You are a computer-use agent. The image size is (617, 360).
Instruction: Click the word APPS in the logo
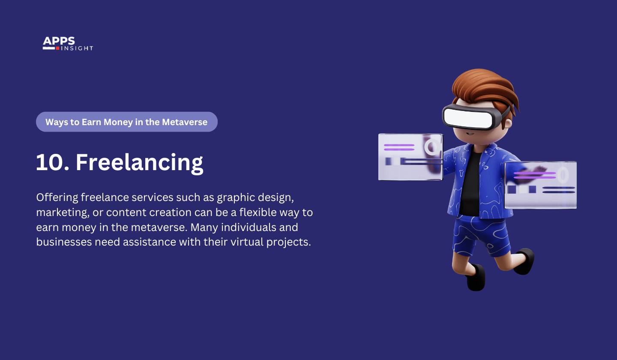[x=59, y=41]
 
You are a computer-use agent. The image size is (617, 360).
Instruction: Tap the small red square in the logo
[x=57, y=48]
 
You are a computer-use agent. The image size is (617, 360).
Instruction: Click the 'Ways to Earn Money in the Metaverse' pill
[x=126, y=122]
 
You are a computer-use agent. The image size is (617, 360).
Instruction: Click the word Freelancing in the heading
[x=139, y=162]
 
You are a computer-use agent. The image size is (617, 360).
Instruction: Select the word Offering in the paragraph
[x=57, y=198]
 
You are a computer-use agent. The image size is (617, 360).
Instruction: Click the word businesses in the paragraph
[x=64, y=242]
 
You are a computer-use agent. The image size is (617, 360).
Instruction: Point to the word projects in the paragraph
[x=288, y=242]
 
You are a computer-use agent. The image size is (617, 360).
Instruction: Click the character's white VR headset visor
[x=468, y=117]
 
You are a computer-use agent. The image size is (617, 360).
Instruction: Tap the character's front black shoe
[x=475, y=278]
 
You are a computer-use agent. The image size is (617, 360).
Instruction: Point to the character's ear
[x=509, y=124]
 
